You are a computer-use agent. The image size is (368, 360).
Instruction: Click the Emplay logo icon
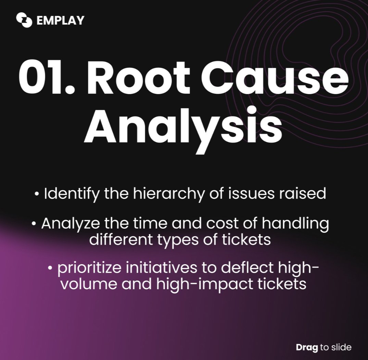click(x=24, y=20)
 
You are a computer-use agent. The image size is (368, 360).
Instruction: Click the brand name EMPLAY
click(x=60, y=20)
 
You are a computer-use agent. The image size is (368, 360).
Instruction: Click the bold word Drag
click(x=307, y=347)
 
